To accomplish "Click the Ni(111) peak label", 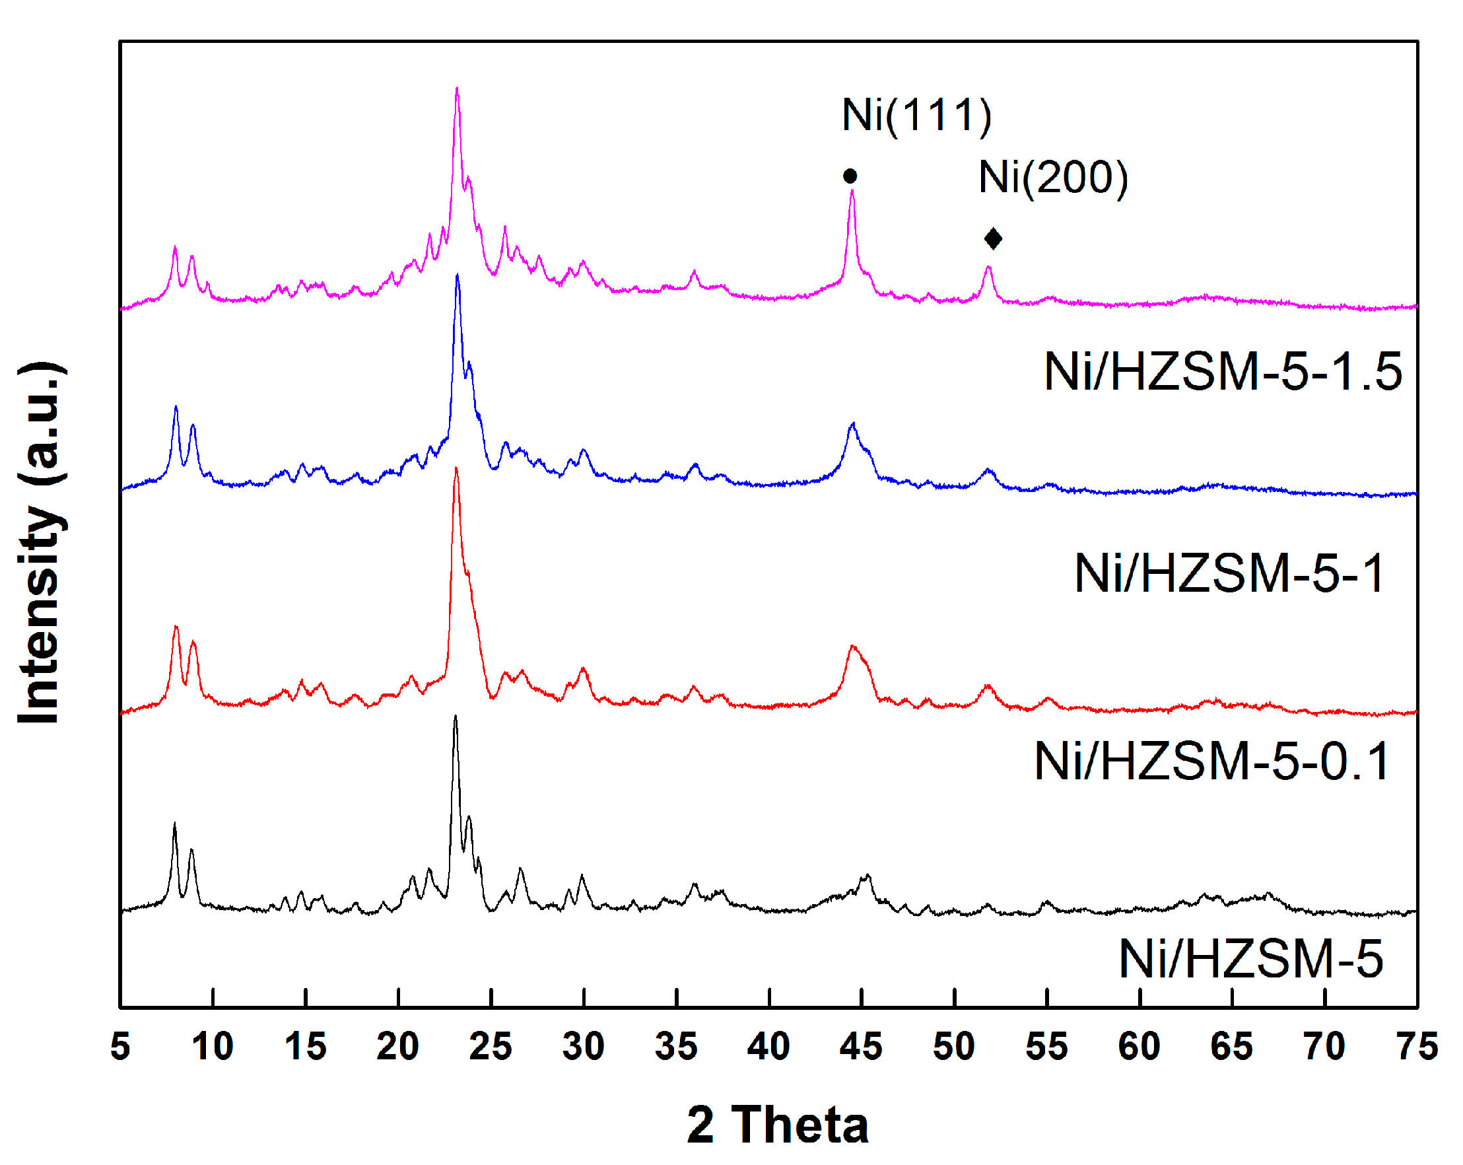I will point(917,115).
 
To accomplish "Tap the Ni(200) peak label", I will point(1053,178).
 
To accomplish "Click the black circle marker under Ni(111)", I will point(850,176).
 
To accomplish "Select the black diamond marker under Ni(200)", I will point(993,238).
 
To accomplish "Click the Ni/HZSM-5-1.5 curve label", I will point(1223,372).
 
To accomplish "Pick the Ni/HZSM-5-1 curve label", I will point(1229,574).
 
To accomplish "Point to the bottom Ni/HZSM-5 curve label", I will point(1250,960).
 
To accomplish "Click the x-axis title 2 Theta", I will point(778,1125).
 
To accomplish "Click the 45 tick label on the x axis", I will point(860,1046).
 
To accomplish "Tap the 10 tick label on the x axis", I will point(213,1046).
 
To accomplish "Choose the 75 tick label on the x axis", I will point(1417,1046).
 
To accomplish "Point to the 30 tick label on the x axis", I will point(583,1046).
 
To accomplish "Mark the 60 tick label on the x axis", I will point(1139,1046).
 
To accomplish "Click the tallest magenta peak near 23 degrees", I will point(457,89).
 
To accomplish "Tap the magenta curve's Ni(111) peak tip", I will point(852,192).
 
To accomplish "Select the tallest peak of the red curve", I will point(456,468).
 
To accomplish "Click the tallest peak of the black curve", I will point(455,717).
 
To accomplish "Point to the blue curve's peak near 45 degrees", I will point(853,424).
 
